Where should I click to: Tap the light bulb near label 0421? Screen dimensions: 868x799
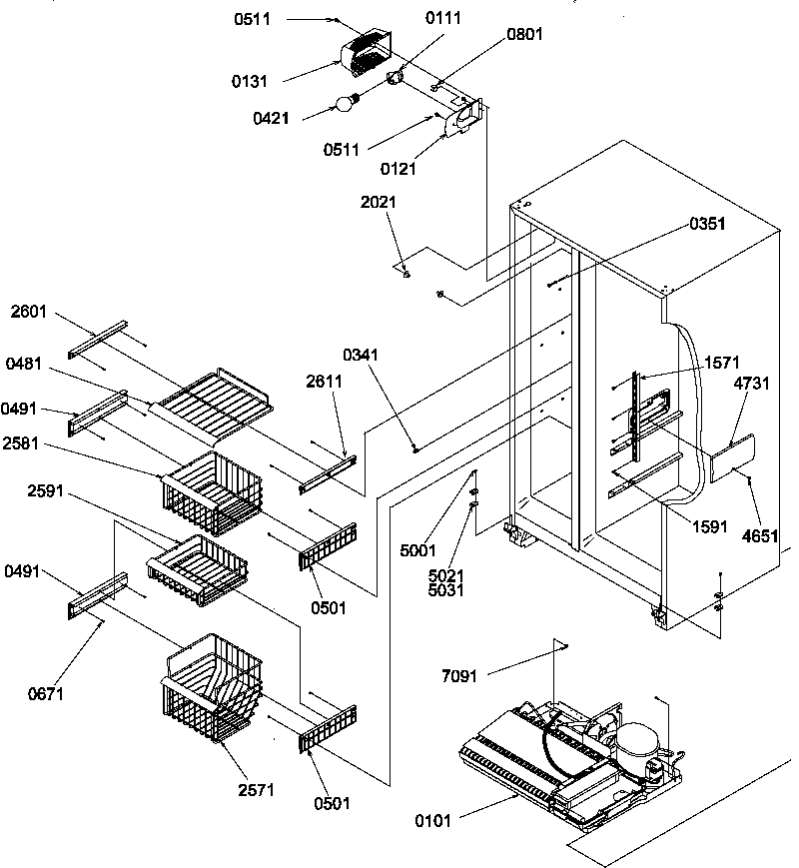click(x=347, y=102)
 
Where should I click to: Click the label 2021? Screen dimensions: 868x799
click(x=378, y=202)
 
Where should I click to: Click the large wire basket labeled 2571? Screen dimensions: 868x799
click(x=212, y=688)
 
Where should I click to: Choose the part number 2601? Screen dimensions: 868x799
click(x=29, y=311)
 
